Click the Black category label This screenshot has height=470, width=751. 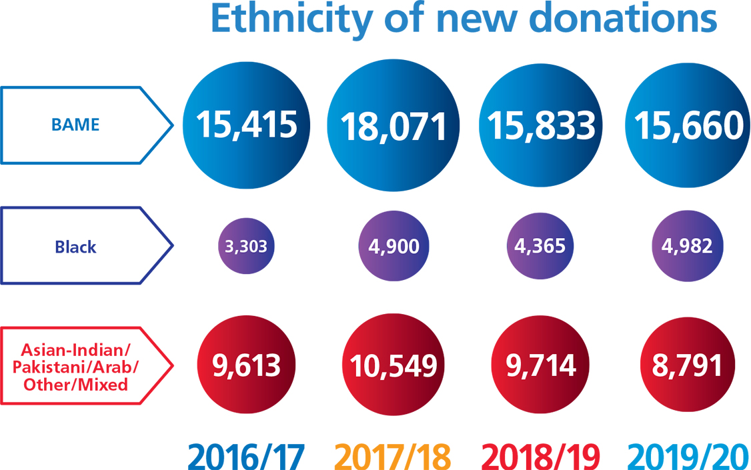click(75, 246)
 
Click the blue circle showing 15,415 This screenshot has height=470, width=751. click(247, 125)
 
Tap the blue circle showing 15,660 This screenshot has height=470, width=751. click(688, 125)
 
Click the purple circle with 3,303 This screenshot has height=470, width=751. click(246, 247)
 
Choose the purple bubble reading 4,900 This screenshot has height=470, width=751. click(394, 247)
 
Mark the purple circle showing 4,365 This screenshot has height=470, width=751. click(540, 246)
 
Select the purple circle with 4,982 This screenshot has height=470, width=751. click(688, 247)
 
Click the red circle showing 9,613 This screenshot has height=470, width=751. click(247, 365)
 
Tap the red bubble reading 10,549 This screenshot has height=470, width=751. click(394, 366)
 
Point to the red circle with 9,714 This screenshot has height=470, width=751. click(540, 365)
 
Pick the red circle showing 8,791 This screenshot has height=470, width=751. click(688, 365)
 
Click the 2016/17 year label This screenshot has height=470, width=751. click(246, 455)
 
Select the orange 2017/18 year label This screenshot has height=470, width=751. click(394, 455)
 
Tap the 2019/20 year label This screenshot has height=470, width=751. click(688, 455)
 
